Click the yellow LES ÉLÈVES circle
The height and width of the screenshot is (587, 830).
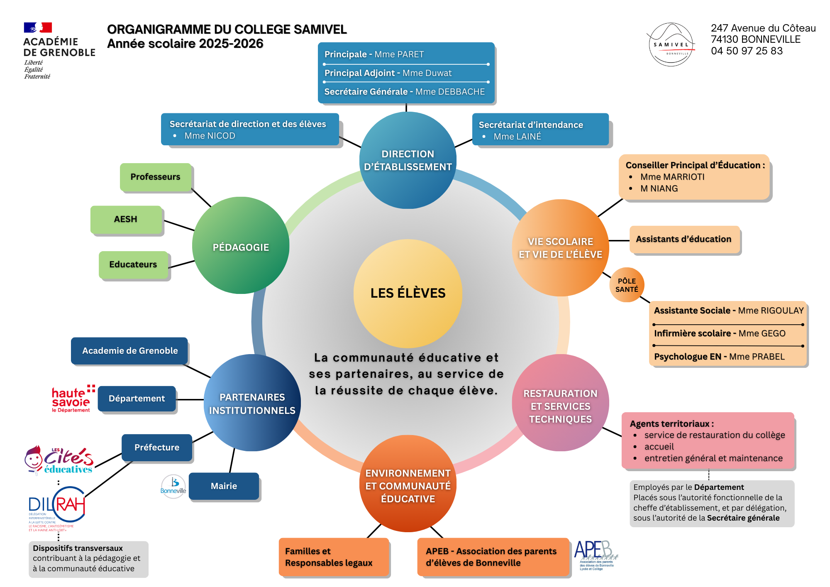tap(408, 293)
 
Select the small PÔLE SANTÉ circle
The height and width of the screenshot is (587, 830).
tap(627, 285)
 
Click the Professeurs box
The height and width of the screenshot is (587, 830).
tap(156, 177)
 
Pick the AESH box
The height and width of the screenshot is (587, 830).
tap(126, 219)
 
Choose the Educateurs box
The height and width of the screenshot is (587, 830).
tap(133, 264)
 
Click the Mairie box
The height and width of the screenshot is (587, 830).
tap(224, 486)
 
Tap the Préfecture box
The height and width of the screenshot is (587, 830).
tap(157, 448)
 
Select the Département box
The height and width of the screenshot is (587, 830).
tap(137, 399)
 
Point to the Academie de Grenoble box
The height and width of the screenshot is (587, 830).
tap(129, 351)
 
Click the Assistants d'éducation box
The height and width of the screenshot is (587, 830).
tap(684, 239)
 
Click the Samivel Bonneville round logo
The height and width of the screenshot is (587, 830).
tap(671, 45)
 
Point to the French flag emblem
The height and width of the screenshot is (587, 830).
tap(38, 27)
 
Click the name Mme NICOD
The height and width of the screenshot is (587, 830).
tap(210, 136)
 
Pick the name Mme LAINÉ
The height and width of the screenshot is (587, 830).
tap(517, 137)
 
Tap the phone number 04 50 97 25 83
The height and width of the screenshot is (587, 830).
tap(747, 51)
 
